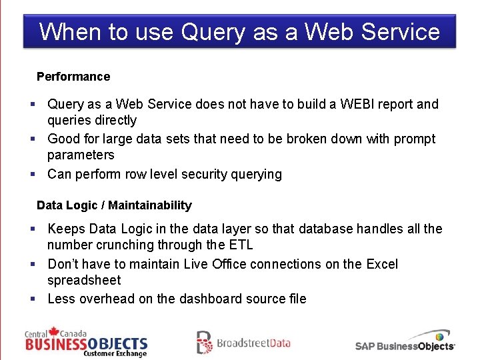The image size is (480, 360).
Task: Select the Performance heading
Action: [73, 77]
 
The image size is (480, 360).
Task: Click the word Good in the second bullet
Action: [64, 139]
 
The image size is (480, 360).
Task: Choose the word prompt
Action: [413, 139]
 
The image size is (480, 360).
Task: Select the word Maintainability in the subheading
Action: [150, 205]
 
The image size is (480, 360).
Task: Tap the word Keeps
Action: [67, 229]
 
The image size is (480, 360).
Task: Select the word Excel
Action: [382, 264]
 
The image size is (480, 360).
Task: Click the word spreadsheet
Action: [84, 281]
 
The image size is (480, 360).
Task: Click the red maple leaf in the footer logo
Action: [55, 331]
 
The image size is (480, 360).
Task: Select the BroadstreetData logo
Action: [243, 343]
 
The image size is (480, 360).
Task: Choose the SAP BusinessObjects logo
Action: [405, 341]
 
